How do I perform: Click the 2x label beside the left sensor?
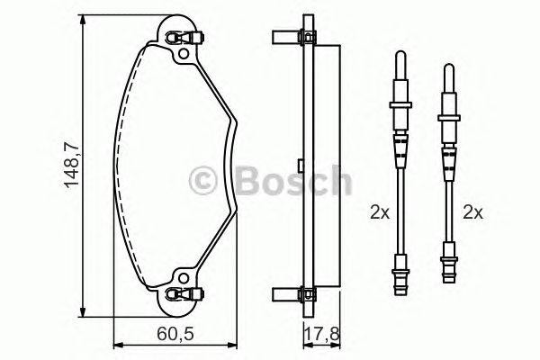pyautogui.click(x=379, y=214)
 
